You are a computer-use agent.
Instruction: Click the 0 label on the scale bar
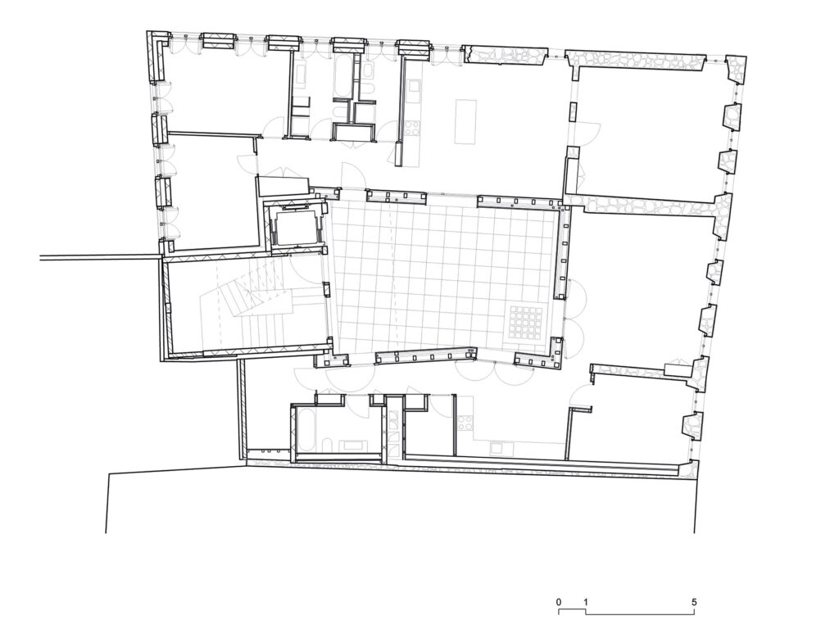(559, 602)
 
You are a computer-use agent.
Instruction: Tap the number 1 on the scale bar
(586, 602)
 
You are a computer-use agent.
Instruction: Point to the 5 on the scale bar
(694, 602)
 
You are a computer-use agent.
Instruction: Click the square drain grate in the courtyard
(526, 323)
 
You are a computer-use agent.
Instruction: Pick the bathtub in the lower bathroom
(306, 429)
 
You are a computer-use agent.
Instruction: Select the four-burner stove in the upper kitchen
(412, 128)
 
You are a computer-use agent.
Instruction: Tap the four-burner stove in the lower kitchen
(464, 423)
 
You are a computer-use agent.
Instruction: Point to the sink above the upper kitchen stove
(414, 85)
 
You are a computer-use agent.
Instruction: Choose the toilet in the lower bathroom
(327, 446)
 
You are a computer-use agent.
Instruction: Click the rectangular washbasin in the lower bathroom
(353, 445)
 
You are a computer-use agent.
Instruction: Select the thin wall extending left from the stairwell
(100, 258)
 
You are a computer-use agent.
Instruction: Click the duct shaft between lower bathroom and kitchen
(394, 427)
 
